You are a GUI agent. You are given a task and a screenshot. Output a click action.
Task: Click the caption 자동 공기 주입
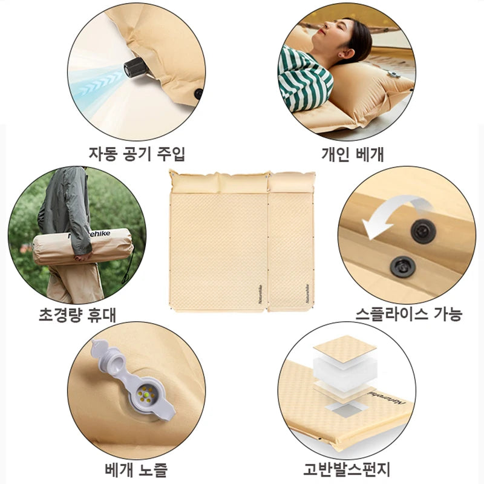[x=137, y=154]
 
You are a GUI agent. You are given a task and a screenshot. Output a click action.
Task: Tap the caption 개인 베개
[x=353, y=154]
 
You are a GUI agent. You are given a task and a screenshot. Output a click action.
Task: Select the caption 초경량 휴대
[x=77, y=315]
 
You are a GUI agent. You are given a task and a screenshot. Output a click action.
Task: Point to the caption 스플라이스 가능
[x=409, y=314]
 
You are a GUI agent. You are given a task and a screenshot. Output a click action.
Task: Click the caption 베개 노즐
[x=136, y=469]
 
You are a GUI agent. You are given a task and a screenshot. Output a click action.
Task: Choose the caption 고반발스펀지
[x=347, y=469]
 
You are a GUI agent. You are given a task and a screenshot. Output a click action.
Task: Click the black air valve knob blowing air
[x=135, y=68]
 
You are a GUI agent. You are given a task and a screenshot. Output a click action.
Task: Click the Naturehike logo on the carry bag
[x=90, y=235]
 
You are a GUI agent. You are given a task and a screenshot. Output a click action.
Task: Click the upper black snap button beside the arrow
[x=423, y=231]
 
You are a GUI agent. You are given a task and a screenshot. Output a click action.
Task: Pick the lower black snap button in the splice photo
[x=402, y=266]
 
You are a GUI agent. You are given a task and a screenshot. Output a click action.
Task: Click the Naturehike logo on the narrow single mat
[x=307, y=293]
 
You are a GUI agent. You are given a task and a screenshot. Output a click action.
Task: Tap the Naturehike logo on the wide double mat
[x=260, y=294]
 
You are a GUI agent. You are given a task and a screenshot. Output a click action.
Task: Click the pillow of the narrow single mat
[x=292, y=183]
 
